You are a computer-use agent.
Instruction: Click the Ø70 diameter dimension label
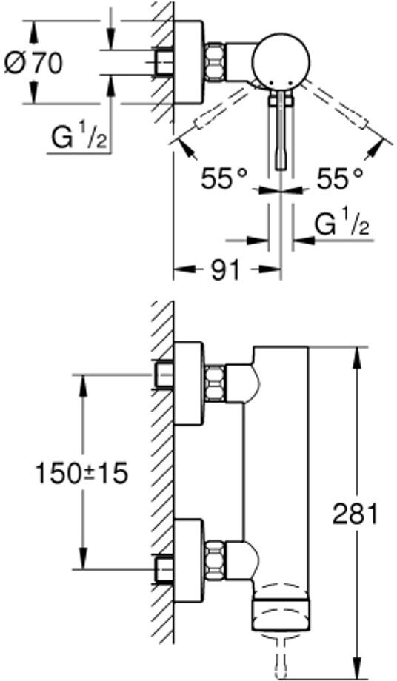click(x=34, y=64)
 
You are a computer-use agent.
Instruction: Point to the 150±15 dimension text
click(x=81, y=474)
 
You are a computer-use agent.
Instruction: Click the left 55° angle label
click(x=224, y=179)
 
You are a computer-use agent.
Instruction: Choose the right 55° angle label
click(x=339, y=179)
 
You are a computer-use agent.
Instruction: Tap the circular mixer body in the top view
click(x=281, y=60)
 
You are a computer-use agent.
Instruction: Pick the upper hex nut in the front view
click(x=215, y=383)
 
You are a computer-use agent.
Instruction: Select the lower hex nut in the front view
click(x=215, y=560)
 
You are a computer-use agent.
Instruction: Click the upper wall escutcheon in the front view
click(x=189, y=383)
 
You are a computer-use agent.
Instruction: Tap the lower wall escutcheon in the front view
click(x=189, y=560)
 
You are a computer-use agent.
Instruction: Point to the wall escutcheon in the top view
click(x=188, y=62)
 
